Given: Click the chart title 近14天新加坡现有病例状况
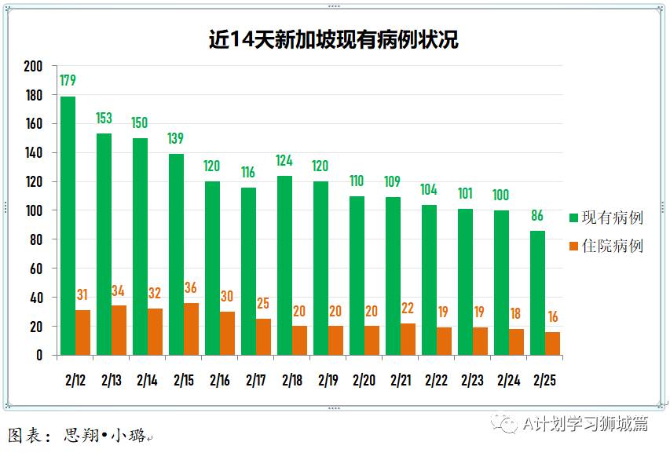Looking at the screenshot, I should click(334, 40).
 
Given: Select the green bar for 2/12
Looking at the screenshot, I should click(68, 226).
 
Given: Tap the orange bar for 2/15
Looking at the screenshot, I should click(191, 329).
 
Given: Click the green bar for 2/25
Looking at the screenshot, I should click(538, 293).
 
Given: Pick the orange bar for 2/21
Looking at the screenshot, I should click(408, 339).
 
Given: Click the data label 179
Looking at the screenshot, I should click(68, 81).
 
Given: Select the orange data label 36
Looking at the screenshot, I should click(191, 287).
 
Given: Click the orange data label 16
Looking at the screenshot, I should click(553, 316).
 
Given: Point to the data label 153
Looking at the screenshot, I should click(104, 118).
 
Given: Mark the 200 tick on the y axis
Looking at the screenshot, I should click(32, 66).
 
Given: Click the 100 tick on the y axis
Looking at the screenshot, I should click(32, 210).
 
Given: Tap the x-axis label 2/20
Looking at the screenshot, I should click(364, 381).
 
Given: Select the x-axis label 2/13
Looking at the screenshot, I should click(111, 381).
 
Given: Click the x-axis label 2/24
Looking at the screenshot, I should click(508, 381).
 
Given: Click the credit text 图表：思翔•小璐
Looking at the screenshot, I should click(77, 435).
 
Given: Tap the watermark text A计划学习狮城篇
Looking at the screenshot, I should click(585, 424).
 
